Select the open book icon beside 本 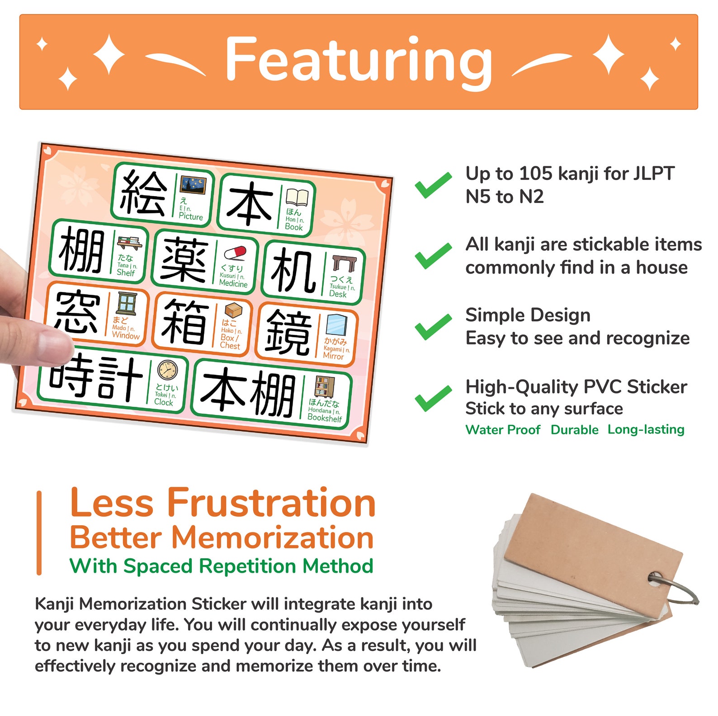[297, 198]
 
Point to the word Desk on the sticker [338, 294]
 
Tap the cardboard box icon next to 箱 [233, 311]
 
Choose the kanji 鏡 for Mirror [288, 333]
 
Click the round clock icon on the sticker [167, 370]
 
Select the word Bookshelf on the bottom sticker [324, 418]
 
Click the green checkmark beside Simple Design [433, 326]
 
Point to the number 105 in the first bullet [535, 174]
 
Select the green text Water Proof [503, 429]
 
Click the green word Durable [574, 429]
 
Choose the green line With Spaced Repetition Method [221, 566]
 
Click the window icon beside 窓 [127, 303]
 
